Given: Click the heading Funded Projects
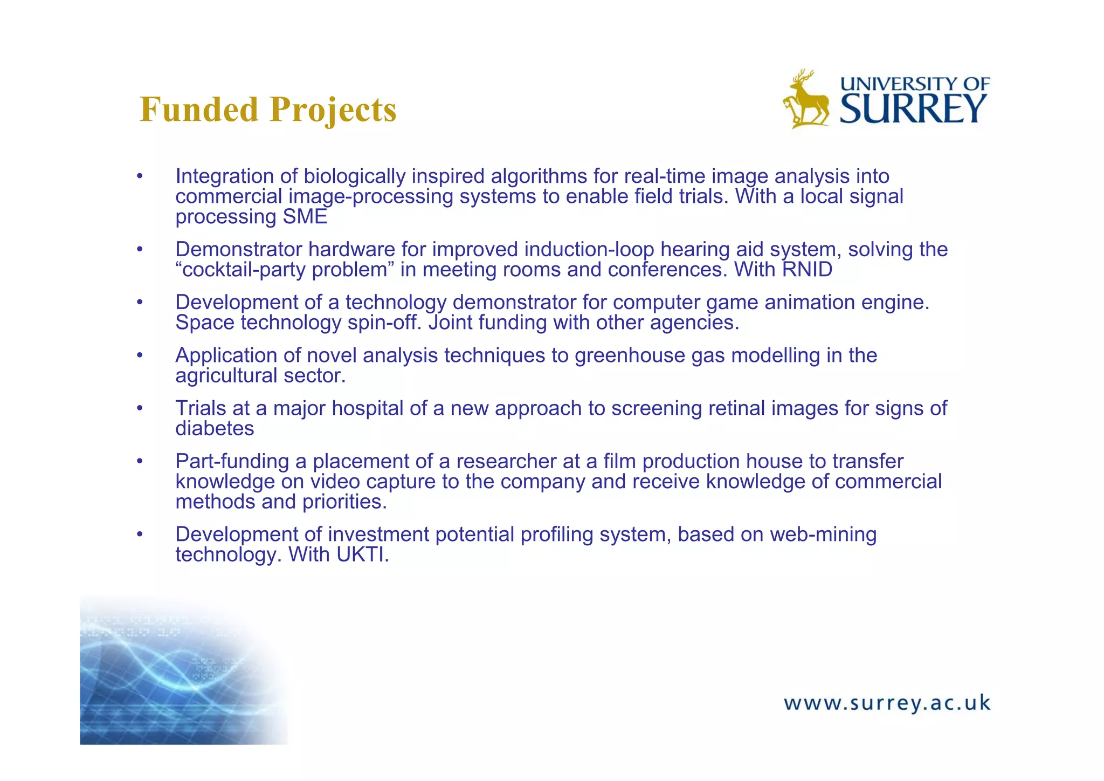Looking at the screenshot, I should (x=268, y=109).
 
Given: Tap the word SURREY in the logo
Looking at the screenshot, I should (x=913, y=109).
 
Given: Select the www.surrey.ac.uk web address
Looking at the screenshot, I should (x=887, y=703).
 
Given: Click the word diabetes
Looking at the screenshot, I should (x=215, y=428).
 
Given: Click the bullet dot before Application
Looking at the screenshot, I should (x=140, y=355).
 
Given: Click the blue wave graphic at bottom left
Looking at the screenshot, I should (x=178, y=674).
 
